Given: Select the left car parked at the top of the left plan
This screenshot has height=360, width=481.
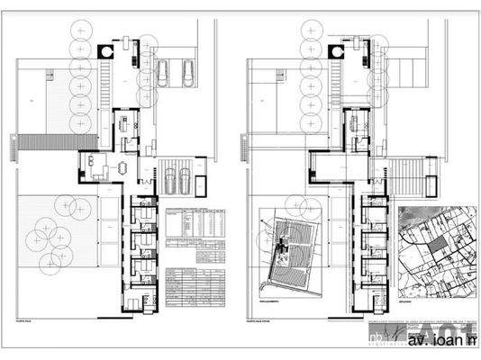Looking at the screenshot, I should pyautogui.click(x=163, y=73).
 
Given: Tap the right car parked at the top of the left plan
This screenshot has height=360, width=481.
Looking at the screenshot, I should pyautogui.click(x=187, y=72).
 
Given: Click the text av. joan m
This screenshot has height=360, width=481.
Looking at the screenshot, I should pyautogui.click(x=440, y=343).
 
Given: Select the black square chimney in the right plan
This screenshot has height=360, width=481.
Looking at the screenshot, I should pyautogui.click(x=336, y=52).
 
